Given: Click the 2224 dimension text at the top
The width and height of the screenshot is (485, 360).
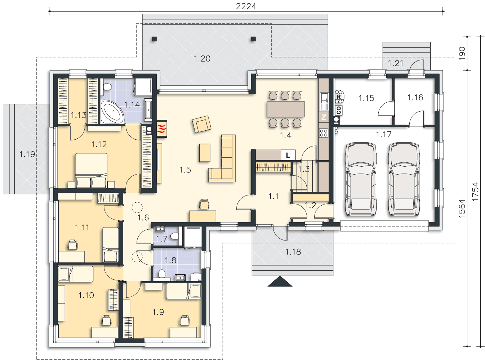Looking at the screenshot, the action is pos(246,6).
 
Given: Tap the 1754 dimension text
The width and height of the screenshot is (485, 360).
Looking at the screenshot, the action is pos(475,192).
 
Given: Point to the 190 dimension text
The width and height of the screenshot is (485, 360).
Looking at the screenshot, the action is pos(462,53).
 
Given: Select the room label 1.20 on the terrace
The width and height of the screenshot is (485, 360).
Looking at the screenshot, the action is pos(202,59).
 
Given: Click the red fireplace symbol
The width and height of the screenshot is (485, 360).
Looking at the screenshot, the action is pos(161,129).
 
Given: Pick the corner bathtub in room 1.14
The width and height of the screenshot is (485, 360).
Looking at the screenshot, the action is pos(112,112).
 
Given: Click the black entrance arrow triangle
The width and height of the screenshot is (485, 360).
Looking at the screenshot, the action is pos(280,281).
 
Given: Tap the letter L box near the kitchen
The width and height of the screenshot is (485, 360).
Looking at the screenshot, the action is pos(288,155).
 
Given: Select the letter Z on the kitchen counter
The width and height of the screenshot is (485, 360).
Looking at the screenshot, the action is pos(324,117).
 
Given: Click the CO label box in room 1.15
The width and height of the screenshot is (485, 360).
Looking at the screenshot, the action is pos(338,110).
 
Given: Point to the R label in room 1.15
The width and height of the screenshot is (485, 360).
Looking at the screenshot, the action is pos(338,96).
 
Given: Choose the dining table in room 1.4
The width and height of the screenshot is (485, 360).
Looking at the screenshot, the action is pos(285,109).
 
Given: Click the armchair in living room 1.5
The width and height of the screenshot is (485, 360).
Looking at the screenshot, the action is pos(201,124).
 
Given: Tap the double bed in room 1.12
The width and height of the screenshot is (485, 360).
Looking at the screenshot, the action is pos(92,170).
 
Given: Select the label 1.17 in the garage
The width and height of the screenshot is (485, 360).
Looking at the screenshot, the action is pos(383,134).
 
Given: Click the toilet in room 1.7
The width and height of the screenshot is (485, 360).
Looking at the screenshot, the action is pos(174,236).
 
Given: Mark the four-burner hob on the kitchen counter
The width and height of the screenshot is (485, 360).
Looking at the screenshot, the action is pos(324,133).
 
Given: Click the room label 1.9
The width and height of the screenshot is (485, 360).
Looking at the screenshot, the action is pos(158,312).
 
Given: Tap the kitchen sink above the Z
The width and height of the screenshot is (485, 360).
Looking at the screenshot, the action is pos(324,102).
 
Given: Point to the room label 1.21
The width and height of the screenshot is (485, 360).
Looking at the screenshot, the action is pos(395,63).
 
